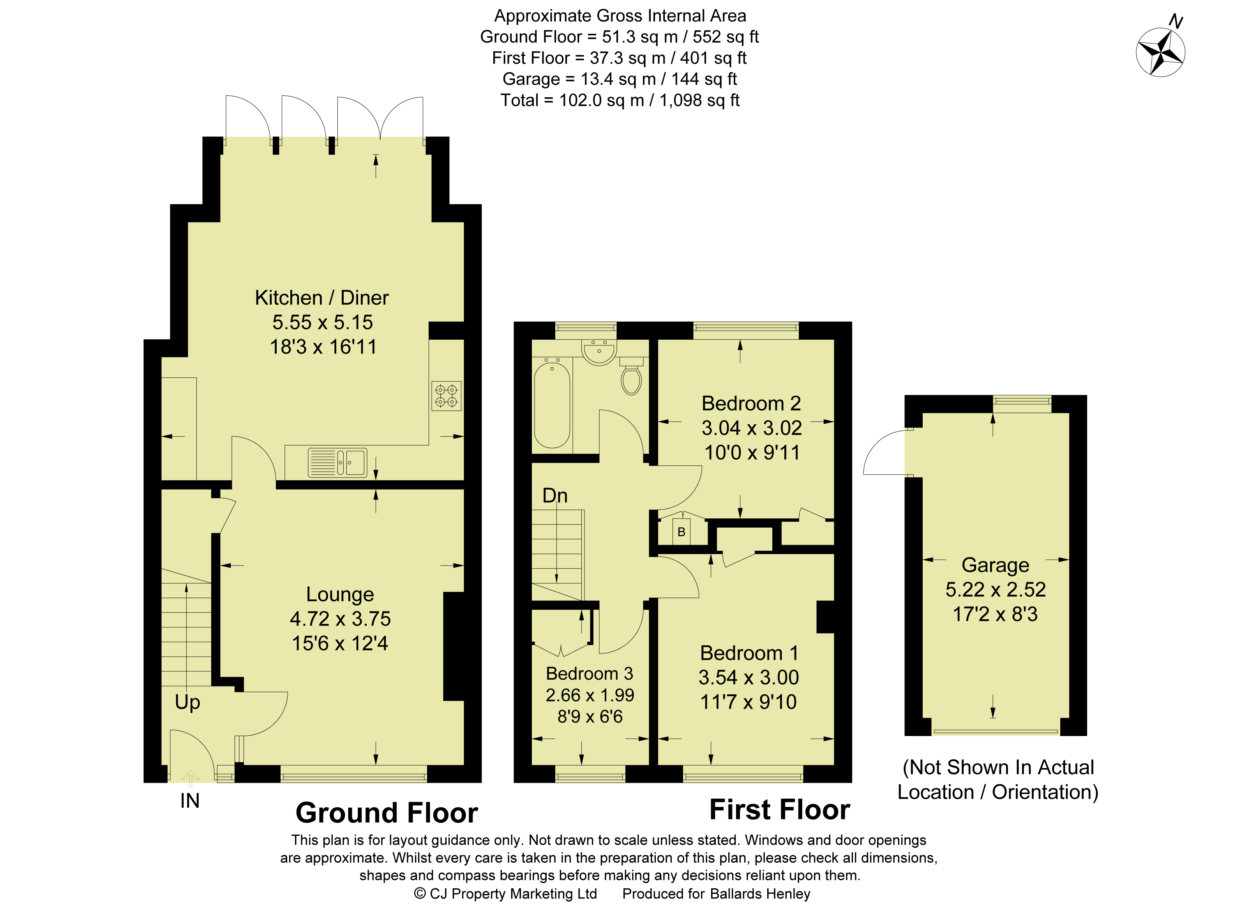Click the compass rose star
pos(1160,53)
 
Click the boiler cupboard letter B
pos(681,532)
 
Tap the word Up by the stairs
pos(187,702)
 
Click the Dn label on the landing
pos(555,496)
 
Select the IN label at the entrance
pos(189,801)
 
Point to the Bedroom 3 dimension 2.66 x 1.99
pos(590,695)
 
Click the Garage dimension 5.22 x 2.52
pos(995,589)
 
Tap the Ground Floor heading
pos(386,813)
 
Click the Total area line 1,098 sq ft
pos(620,100)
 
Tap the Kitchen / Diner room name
pos(321,298)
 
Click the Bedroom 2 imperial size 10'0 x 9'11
pos(751,453)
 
